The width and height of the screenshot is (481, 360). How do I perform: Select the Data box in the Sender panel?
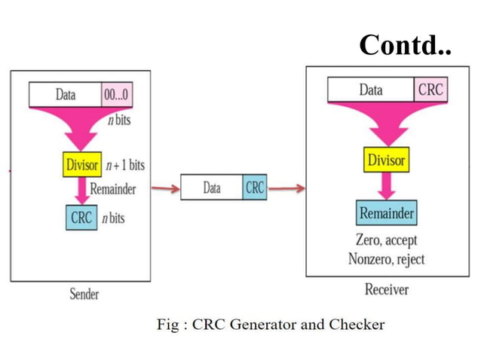[x=66, y=96]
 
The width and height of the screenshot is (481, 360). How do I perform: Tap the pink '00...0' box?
[x=118, y=96]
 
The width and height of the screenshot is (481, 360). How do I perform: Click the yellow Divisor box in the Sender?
[x=83, y=164]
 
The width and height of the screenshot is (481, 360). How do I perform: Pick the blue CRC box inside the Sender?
[x=81, y=218]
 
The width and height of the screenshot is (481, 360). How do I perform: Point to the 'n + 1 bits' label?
[x=126, y=164]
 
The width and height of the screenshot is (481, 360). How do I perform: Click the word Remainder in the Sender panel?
[x=113, y=188]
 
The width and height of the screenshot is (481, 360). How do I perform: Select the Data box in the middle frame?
[x=212, y=188]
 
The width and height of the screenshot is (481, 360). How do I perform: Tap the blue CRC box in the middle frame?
[x=255, y=188]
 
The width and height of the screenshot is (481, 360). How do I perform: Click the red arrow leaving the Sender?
[x=165, y=188]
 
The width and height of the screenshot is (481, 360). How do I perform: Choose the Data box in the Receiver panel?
[x=371, y=90]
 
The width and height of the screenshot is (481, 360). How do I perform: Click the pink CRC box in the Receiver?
[x=431, y=90]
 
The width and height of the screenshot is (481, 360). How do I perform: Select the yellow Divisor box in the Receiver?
[x=385, y=160]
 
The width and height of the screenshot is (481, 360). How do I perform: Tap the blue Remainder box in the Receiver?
[x=386, y=213]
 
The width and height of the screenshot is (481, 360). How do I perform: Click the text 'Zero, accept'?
[x=386, y=241]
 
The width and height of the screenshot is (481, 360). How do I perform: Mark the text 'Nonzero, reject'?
[x=386, y=259]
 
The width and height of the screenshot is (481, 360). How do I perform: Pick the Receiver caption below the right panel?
[x=386, y=289]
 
